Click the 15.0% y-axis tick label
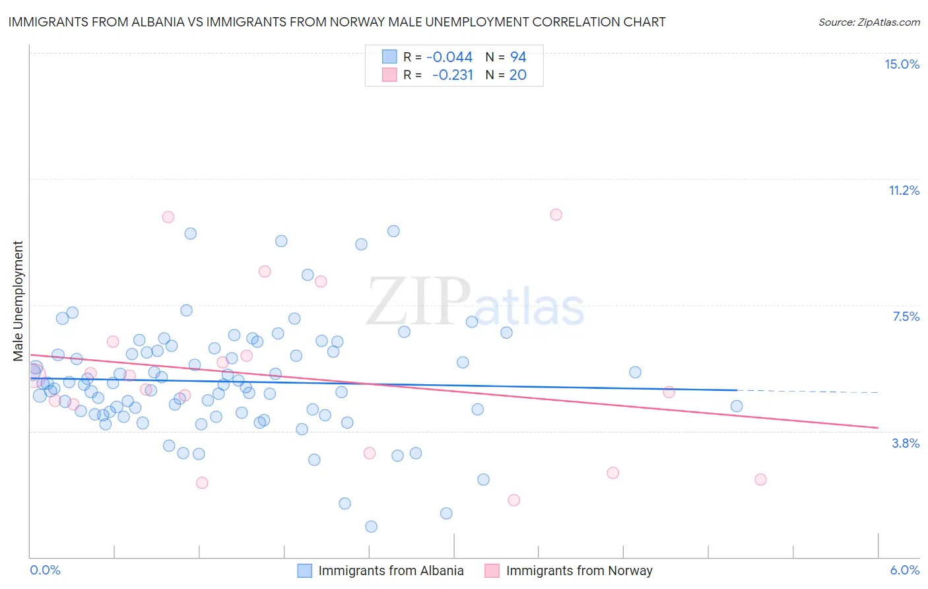pyautogui.click(x=902, y=64)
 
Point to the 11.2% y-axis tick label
pyautogui.click(x=904, y=190)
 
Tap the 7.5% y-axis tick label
pyautogui.click(x=906, y=316)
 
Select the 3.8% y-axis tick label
pyautogui.click(x=906, y=443)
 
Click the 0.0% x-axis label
pyautogui.click(x=45, y=570)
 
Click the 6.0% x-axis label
pyautogui.click(x=904, y=570)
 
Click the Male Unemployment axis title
pyautogui.click(x=18, y=300)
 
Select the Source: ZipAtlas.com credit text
pyautogui.click(x=869, y=22)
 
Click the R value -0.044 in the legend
pyautogui.click(x=449, y=57)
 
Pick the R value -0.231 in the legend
pyautogui.click(x=452, y=75)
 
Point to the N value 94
pyautogui.click(x=518, y=57)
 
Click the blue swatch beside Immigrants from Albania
pyautogui.click(x=304, y=571)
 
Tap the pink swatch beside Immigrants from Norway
pyautogui.click(x=492, y=571)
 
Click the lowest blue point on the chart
pyautogui.click(x=371, y=526)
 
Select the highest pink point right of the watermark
pyautogui.click(x=556, y=215)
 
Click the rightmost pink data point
pyautogui.click(x=760, y=479)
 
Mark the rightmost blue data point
pyautogui.click(x=737, y=406)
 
